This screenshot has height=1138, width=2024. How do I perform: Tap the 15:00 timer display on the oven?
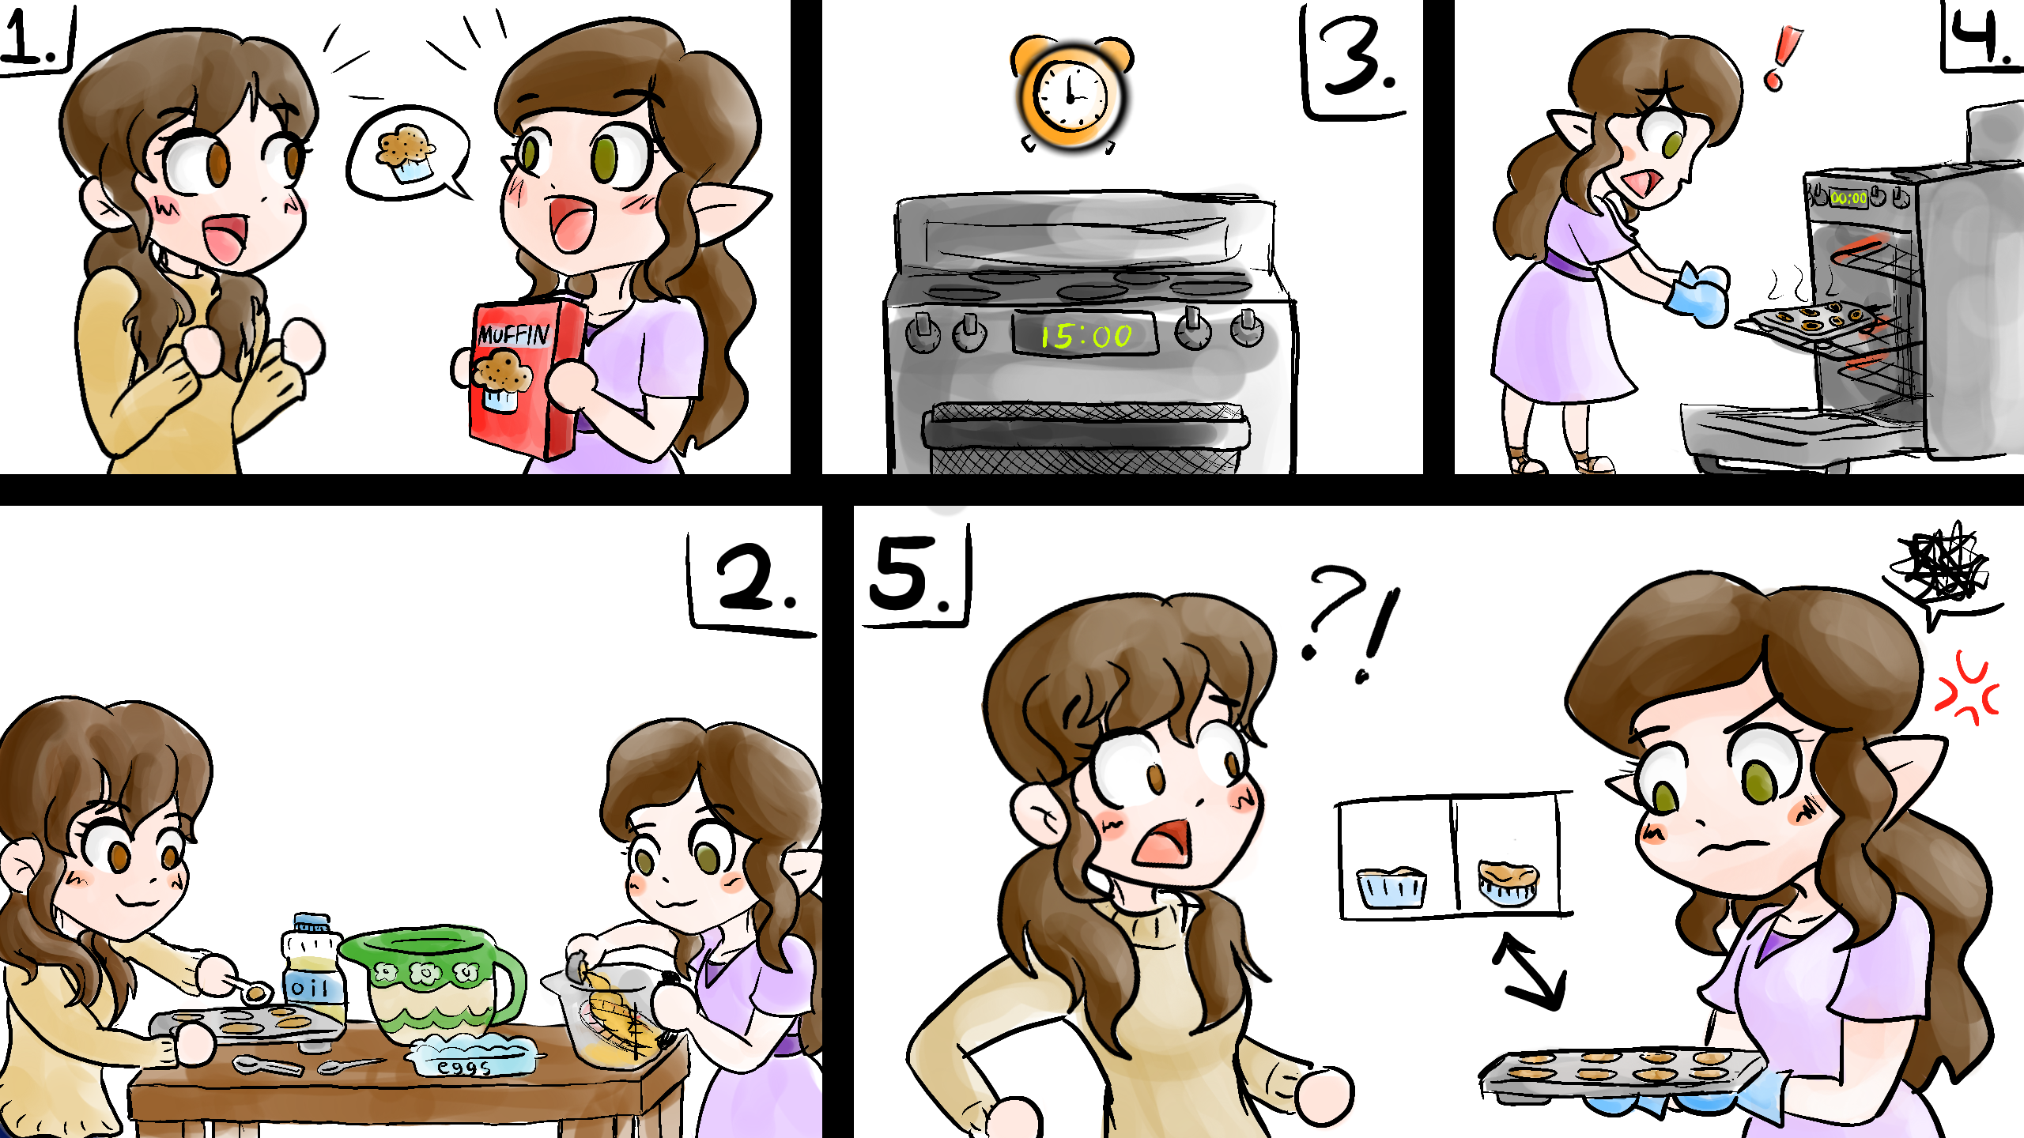pyautogui.click(x=1086, y=336)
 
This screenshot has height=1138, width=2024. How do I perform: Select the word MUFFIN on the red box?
pyautogui.click(x=514, y=334)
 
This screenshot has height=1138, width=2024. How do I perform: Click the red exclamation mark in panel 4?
pyautogui.click(x=1782, y=57)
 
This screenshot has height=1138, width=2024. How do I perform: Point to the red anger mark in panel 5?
pyautogui.click(x=1967, y=688)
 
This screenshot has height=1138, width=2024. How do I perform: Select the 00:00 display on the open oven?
pyautogui.click(x=1848, y=198)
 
